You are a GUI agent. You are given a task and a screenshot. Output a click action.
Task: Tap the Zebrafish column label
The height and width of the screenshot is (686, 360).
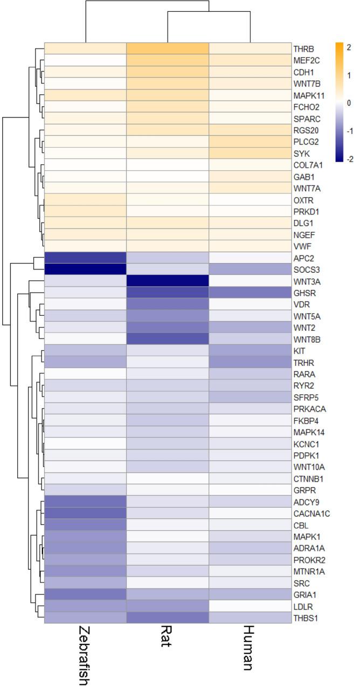[x=85, y=655]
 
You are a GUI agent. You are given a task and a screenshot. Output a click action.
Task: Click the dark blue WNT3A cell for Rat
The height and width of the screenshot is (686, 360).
[x=167, y=281]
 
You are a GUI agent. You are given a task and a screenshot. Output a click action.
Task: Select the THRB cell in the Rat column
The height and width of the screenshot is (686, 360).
[x=167, y=48]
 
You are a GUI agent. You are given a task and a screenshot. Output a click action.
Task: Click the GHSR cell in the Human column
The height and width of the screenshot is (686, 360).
[x=249, y=292]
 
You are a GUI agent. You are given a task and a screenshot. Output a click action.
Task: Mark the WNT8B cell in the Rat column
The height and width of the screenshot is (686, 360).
[x=167, y=338]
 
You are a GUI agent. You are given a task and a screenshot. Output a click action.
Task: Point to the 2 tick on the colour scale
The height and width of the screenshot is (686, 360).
[x=349, y=47]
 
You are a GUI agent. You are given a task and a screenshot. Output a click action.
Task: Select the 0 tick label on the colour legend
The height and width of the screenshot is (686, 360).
[x=348, y=103]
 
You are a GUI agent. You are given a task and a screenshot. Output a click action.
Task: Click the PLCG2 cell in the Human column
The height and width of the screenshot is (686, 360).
[x=249, y=142]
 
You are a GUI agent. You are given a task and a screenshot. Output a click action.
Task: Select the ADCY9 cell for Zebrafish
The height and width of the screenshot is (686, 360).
[x=85, y=501]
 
